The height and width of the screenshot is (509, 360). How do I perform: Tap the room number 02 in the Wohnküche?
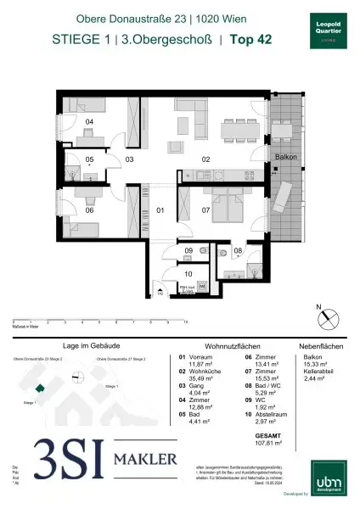coord(205,159)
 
